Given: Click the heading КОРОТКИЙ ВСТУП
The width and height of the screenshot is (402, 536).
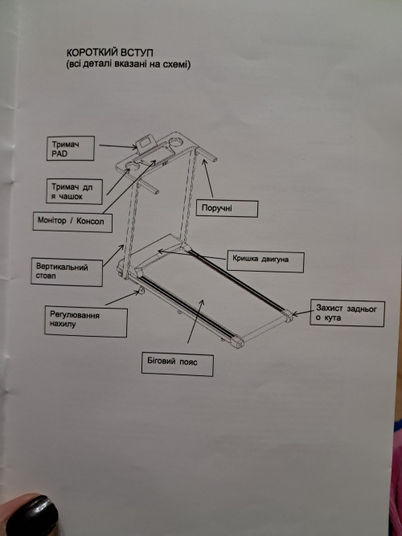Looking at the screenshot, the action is click(x=109, y=53).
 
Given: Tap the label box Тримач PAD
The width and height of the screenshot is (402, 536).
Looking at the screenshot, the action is click(x=70, y=148).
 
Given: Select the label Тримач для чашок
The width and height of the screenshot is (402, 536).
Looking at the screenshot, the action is click(x=74, y=191).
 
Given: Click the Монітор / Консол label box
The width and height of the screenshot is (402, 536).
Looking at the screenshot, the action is click(x=72, y=222).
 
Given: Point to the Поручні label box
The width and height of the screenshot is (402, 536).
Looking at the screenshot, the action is click(x=227, y=208).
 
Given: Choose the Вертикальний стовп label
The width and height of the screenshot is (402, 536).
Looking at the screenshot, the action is click(x=67, y=272).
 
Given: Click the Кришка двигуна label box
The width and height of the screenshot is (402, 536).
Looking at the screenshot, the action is click(x=265, y=261).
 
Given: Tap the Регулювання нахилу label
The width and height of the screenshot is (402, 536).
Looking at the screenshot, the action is click(x=86, y=321).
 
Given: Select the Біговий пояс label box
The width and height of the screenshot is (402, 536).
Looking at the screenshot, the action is click(x=178, y=364).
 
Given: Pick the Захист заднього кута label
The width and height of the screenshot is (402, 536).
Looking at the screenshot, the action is click(x=347, y=313).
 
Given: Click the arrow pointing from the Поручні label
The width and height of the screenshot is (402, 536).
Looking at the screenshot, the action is click(x=207, y=178).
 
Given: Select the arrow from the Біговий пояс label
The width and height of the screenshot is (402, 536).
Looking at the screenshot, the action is click(x=195, y=321).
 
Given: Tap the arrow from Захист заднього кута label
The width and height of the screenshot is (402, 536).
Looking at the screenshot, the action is click(x=303, y=313).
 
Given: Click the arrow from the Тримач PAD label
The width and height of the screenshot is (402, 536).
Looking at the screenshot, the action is click(x=118, y=146).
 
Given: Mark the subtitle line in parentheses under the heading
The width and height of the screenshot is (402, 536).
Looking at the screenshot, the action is click(x=129, y=64).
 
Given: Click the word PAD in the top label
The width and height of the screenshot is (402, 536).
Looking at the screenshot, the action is click(x=59, y=153).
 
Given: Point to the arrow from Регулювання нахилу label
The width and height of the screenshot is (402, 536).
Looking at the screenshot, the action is click(x=122, y=298).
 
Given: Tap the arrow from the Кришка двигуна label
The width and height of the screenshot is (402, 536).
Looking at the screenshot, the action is click(x=192, y=255).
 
